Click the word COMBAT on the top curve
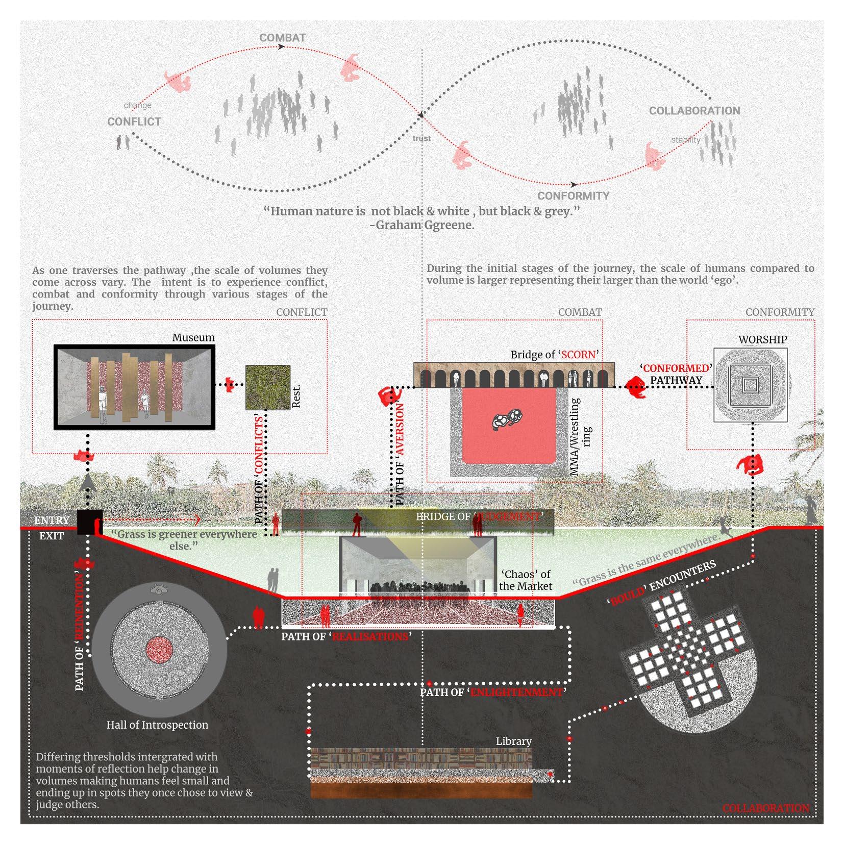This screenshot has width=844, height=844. [x=282, y=38]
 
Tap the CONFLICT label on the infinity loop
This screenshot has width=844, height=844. [x=134, y=121]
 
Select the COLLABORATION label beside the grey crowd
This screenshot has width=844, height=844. [x=694, y=111]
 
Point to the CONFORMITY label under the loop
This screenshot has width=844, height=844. [x=573, y=196]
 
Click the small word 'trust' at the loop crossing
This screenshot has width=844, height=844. [x=421, y=138]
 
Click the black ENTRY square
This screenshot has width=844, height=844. [x=89, y=522]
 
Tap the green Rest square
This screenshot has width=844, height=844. [x=267, y=387]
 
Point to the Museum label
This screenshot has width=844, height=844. [x=193, y=337]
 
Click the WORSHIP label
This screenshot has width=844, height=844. [x=762, y=339]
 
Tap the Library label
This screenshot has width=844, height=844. [x=513, y=741]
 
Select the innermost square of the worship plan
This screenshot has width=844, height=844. [x=750, y=385]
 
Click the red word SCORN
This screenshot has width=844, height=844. [x=578, y=354]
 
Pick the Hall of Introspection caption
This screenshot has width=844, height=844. [x=157, y=725]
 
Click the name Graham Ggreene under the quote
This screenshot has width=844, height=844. [x=425, y=225]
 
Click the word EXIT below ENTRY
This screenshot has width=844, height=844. [x=52, y=536]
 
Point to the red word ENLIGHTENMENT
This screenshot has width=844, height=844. [x=516, y=692]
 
